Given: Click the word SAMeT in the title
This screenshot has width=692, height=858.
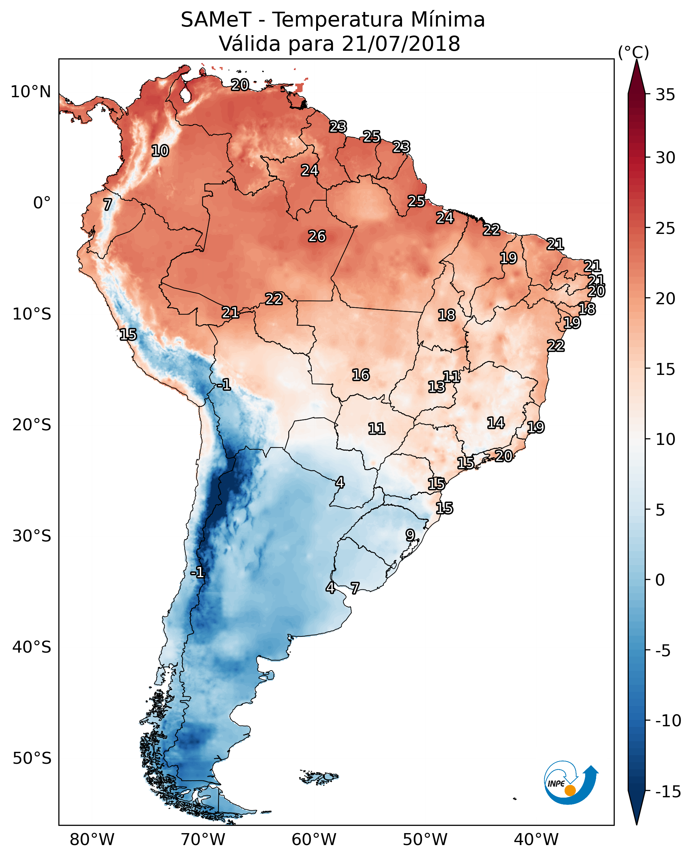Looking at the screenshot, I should coord(216,20).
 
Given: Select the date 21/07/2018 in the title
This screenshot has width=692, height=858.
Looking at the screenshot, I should coord(401,44).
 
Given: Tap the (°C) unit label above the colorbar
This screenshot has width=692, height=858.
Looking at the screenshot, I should coord(633,52).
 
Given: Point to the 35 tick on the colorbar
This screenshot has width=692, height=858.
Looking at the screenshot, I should coord(665,95).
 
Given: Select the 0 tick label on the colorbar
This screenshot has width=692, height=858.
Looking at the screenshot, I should coord(660,580).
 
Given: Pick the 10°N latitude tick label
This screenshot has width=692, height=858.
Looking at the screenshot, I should coord(31,92).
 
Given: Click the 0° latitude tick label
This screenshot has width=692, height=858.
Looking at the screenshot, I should coord(42,203).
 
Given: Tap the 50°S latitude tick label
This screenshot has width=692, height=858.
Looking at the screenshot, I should coord(32,758).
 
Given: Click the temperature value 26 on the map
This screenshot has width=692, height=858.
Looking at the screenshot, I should coord(317,237).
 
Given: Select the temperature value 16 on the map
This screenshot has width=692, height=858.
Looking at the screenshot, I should coord(360,375).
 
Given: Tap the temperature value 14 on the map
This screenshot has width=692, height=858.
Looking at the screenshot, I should coord(496,423).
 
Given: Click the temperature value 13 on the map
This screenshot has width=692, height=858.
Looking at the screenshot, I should coord(436,387).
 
